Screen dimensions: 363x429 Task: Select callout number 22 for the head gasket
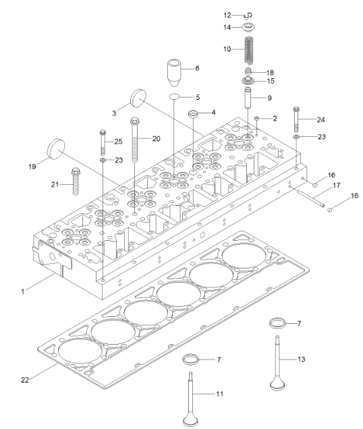[x=25, y=380]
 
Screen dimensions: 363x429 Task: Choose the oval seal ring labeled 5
[x=174, y=96]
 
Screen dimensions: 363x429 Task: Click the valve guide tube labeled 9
[x=248, y=97]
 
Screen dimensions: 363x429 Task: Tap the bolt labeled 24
[x=296, y=119]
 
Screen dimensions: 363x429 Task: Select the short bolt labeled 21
[x=75, y=181]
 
